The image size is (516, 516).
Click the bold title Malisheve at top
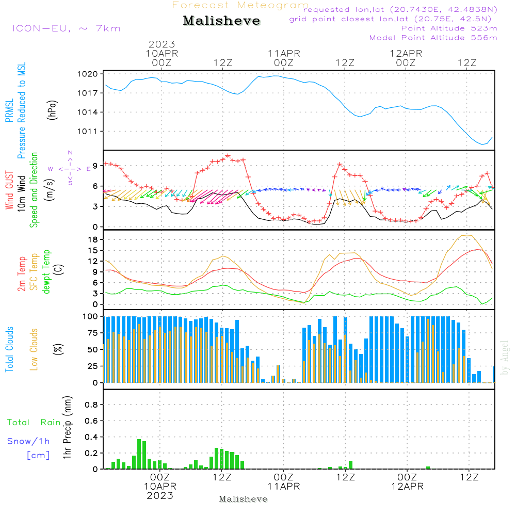point(221,21)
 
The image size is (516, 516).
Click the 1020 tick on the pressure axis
point(88,74)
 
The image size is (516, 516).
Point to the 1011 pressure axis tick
point(88,131)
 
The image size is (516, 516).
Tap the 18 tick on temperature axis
point(93,239)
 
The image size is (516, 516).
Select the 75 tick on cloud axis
point(90,333)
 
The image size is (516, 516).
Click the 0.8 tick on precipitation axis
point(91,405)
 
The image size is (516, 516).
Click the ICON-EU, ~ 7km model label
point(67,28)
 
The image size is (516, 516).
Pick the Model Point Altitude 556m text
point(433,38)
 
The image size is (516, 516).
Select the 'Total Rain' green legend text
point(34,422)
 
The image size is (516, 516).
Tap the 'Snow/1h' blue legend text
point(28,441)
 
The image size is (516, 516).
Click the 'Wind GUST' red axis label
point(9,190)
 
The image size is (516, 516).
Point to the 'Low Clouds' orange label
point(34,349)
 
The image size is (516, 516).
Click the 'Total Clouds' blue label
point(9,349)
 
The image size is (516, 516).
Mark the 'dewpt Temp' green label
point(46,271)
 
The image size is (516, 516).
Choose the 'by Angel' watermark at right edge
point(505,358)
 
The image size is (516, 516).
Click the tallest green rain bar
point(139,454)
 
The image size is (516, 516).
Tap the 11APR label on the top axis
point(284,54)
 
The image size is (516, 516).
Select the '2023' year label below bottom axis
point(160,495)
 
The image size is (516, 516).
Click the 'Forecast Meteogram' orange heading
point(240,5)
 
